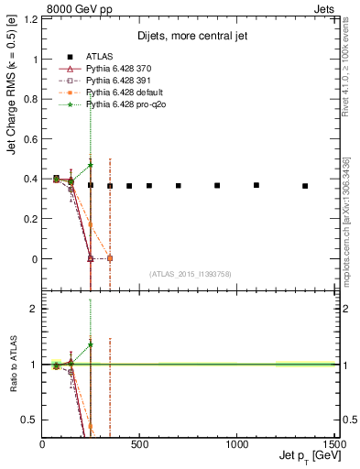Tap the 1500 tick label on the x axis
click(333, 443)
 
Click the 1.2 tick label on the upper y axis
click(30, 19)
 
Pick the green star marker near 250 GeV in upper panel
click(91, 165)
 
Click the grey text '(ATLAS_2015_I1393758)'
click(190, 273)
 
